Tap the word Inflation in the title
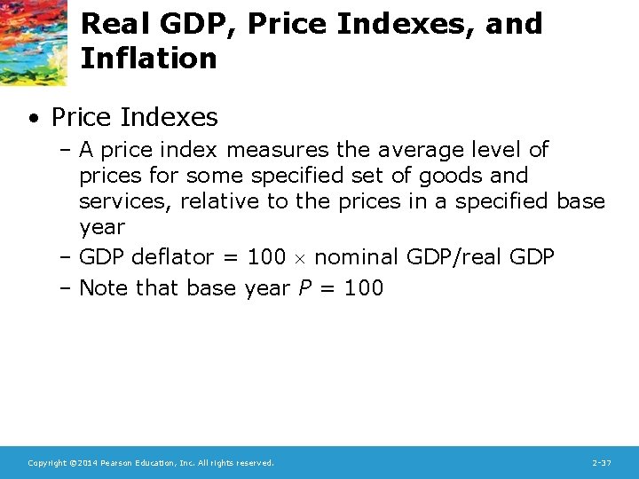click(x=148, y=59)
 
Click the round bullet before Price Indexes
click(x=32, y=117)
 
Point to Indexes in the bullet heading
click(x=170, y=116)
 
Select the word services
click(x=125, y=201)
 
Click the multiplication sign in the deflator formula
click(x=300, y=259)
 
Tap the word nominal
click(x=357, y=257)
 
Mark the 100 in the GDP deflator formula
click(x=266, y=257)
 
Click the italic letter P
click(x=304, y=287)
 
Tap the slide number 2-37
click(x=601, y=463)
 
